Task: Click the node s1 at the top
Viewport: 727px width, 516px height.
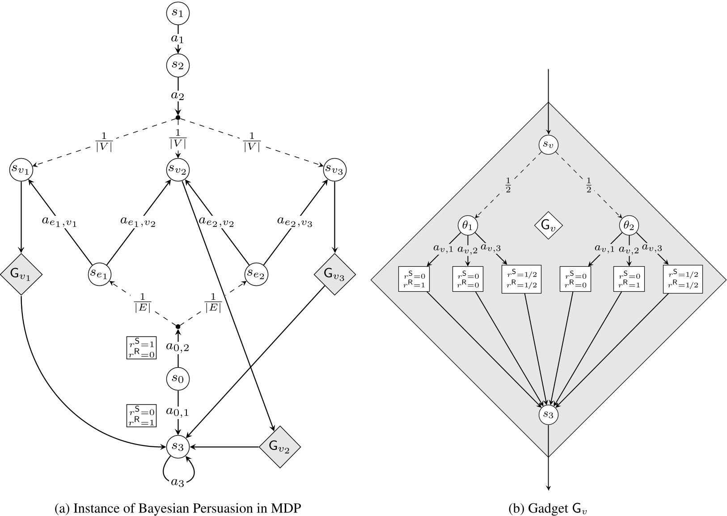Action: point(178,13)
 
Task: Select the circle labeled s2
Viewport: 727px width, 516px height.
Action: point(178,65)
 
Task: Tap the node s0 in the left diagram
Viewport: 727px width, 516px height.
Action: point(178,378)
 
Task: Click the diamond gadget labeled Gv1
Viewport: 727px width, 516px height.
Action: point(21,274)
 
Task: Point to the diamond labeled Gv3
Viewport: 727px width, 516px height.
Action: point(334,274)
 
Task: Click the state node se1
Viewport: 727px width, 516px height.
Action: point(99,274)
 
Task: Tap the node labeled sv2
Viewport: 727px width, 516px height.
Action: point(178,169)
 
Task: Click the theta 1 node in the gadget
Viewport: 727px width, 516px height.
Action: point(467,226)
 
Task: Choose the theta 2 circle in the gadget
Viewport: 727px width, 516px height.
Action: point(629,226)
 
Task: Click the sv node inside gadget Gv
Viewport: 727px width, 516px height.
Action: point(548,144)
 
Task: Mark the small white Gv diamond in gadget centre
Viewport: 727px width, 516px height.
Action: point(548,226)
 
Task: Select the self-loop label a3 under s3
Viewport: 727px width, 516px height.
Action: point(178,482)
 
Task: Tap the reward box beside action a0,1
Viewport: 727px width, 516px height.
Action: point(141,416)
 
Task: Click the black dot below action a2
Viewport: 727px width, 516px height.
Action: point(178,117)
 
